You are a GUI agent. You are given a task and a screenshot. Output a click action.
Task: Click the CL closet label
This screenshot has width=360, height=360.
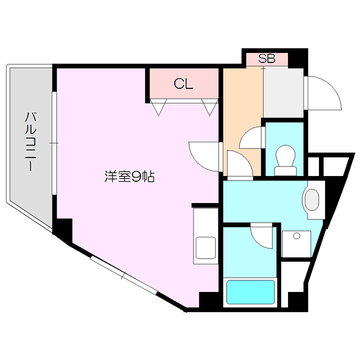click(183, 84)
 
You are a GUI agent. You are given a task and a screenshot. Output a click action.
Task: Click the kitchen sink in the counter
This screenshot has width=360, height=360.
click(205, 247)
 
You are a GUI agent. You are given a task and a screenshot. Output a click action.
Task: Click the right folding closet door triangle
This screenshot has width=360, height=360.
click(210, 107)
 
